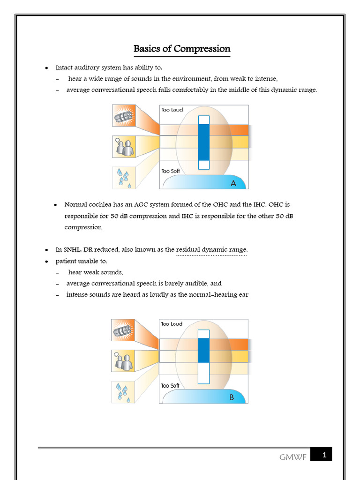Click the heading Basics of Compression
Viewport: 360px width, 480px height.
click(x=182, y=49)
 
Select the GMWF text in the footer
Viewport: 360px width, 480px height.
click(x=293, y=457)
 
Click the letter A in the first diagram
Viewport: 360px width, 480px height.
click(x=233, y=183)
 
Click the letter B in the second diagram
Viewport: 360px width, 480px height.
click(x=232, y=397)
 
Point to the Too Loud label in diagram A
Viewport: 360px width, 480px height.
click(x=172, y=110)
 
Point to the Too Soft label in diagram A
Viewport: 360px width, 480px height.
click(x=171, y=171)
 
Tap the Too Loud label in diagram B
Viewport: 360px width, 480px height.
click(x=172, y=324)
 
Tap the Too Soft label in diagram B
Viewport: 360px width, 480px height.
click(x=170, y=385)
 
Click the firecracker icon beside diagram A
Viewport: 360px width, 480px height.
click(x=124, y=115)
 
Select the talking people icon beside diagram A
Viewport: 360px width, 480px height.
click(x=124, y=147)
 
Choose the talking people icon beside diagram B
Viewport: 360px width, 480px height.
click(x=123, y=361)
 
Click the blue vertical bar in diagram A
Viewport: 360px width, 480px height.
click(x=204, y=142)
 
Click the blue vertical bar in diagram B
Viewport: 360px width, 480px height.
click(x=203, y=350)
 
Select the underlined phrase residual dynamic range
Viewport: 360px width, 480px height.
click(x=211, y=249)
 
